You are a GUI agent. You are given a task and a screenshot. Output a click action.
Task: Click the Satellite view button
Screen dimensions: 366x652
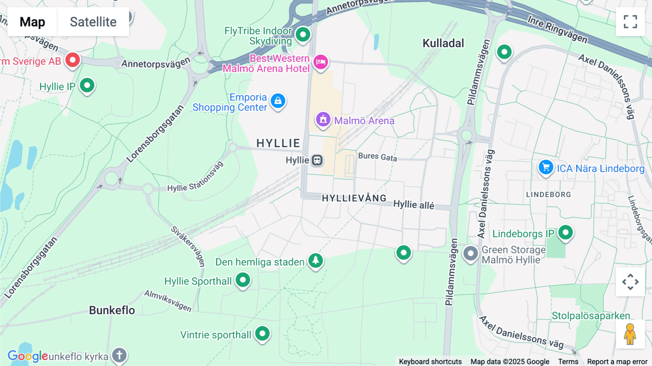tap(93, 22)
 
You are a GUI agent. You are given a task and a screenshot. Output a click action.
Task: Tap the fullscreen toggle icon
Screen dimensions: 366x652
tap(630, 22)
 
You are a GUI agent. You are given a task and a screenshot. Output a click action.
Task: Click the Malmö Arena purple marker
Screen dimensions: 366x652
tap(323, 119)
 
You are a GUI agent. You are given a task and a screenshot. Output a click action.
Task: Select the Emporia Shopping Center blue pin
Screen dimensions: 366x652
tap(278, 101)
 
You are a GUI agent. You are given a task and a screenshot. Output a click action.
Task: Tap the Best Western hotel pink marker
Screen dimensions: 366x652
tap(321, 62)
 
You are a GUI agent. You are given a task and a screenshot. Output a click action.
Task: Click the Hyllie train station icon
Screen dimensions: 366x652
tap(317, 160)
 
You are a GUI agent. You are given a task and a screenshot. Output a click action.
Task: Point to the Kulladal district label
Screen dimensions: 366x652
tap(443, 43)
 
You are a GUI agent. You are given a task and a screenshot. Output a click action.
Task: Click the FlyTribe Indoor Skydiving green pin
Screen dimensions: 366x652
tap(303, 35)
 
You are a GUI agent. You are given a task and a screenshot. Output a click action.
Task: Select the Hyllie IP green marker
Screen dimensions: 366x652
tap(87, 86)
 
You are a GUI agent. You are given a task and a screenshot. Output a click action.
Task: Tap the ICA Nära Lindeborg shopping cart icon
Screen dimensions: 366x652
tap(546, 167)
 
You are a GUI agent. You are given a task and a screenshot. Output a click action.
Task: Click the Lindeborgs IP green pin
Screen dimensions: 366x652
tap(565, 232)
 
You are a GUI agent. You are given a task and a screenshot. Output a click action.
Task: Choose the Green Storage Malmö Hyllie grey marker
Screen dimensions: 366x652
tap(471, 253)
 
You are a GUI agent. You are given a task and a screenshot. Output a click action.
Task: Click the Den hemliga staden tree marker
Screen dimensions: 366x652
tap(315, 260)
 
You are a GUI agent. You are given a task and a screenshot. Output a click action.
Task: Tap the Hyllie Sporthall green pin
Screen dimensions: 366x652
tap(243, 280)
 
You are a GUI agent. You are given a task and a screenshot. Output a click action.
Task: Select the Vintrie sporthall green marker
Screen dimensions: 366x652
tap(262, 333)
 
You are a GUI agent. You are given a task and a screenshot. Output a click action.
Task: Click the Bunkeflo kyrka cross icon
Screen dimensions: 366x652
tap(120, 355)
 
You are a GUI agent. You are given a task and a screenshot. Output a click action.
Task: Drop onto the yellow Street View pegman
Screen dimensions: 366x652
tap(630, 334)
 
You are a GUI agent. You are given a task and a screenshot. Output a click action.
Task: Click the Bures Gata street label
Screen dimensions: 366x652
tap(377, 157)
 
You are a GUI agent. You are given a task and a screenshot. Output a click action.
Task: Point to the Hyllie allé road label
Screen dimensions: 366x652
tap(414, 205)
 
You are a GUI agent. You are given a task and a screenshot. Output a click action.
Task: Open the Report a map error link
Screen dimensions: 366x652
tap(617, 362)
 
